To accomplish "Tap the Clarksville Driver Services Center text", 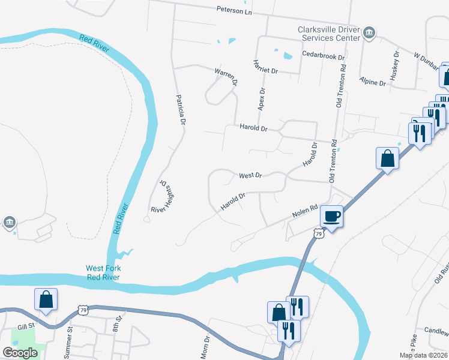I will point(328,34).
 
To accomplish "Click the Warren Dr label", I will point(226,76).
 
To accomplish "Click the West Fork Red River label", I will point(103,272).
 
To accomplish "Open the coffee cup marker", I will point(332,216).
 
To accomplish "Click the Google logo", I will point(19,353).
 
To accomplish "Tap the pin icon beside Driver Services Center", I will point(370,34).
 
